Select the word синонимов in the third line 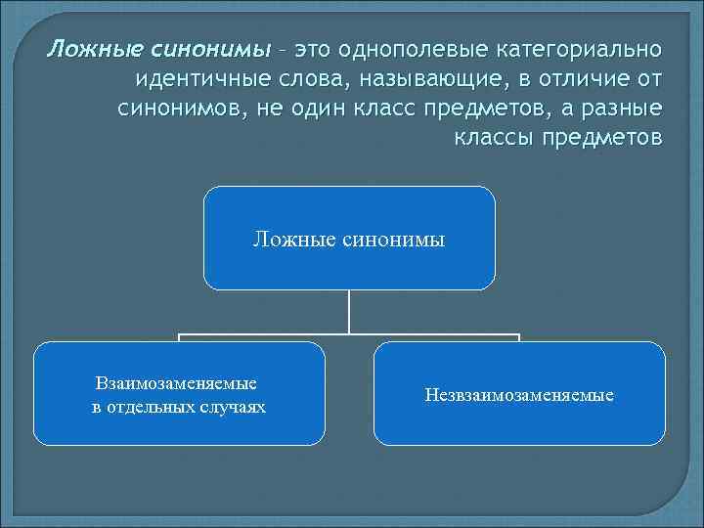point(181,107)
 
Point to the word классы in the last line point(492,135)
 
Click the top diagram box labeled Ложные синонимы point(349,239)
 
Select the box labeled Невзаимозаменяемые point(519,394)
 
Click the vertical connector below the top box point(349,313)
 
